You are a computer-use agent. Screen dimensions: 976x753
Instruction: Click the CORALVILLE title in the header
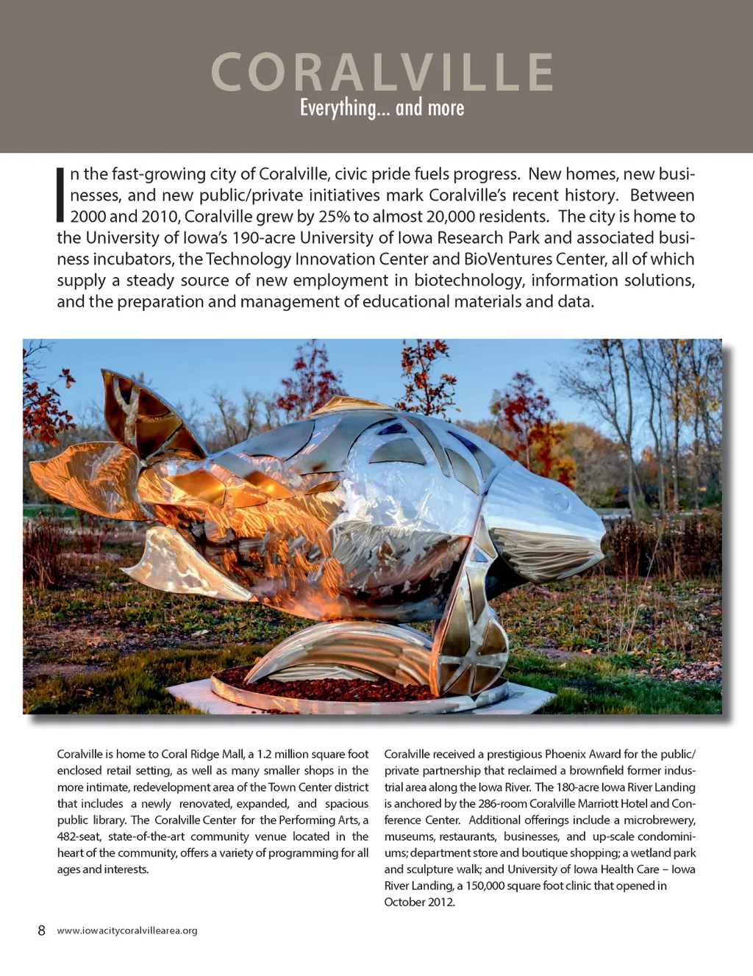[382, 72]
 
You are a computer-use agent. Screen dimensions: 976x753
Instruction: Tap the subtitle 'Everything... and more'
[382, 108]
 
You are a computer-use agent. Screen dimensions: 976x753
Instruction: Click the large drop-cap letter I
[60, 195]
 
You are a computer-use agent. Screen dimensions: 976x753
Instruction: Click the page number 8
[41, 930]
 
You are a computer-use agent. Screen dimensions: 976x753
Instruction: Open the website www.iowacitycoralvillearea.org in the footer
[127, 930]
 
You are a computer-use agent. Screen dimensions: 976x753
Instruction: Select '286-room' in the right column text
[502, 803]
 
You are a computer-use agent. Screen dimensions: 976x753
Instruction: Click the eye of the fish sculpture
[563, 502]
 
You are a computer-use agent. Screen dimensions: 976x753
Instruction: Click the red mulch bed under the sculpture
[346, 687]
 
